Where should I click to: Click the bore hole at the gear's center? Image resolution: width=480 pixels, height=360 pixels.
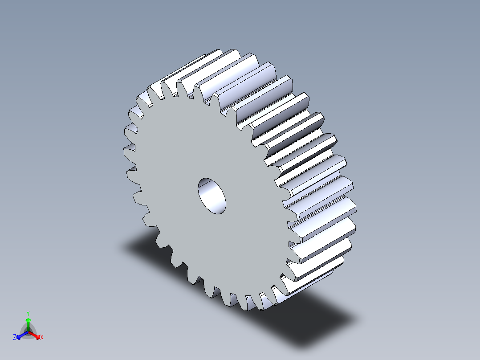(x=212, y=195)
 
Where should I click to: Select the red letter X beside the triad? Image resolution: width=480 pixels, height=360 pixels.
(x=42, y=338)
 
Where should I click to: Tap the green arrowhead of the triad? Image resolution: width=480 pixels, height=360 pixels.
(x=28, y=320)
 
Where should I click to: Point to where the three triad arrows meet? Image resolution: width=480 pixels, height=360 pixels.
(x=28, y=331)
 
